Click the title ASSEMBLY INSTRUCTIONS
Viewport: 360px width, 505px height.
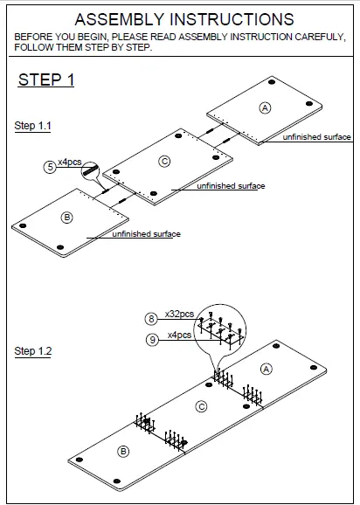pyautogui.click(x=183, y=19)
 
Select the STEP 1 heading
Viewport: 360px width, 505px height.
pyautogui.click(x=46, y=80)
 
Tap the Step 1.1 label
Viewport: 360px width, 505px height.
pyautogui.click(x=33, y=127)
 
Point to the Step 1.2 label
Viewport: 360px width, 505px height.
pyautogui.click(x=33, y=351)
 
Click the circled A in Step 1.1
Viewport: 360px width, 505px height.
pyautogui.click(x=266, y=107)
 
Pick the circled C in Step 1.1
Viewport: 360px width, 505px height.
pyautogui.click(x=164, y=162)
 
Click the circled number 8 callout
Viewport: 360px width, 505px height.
pyautogui.click(x=151, y=319)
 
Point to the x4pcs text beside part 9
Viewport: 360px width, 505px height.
pyautogui.click(x=179, y=335)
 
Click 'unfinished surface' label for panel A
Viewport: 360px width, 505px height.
pyautogui.click(x=316, y=138)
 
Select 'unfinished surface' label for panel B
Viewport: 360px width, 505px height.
pyautogui.click(x=147, y=234)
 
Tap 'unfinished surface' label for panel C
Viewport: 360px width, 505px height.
pyautogui.click(x=231, y=186)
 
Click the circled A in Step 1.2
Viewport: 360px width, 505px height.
pyautogui.click(x=267, y=370)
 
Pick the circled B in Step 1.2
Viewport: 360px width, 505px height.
pyautogui.click(x=123, y=451)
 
